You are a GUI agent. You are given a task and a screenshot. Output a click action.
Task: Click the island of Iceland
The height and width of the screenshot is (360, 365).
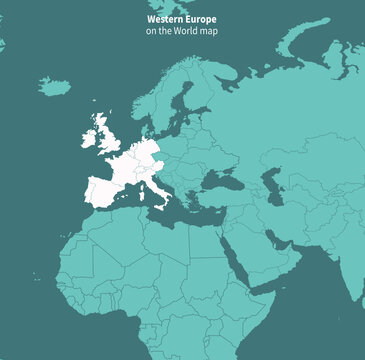[55, 87]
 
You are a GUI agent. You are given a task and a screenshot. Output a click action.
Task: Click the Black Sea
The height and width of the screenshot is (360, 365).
[218, 181]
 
